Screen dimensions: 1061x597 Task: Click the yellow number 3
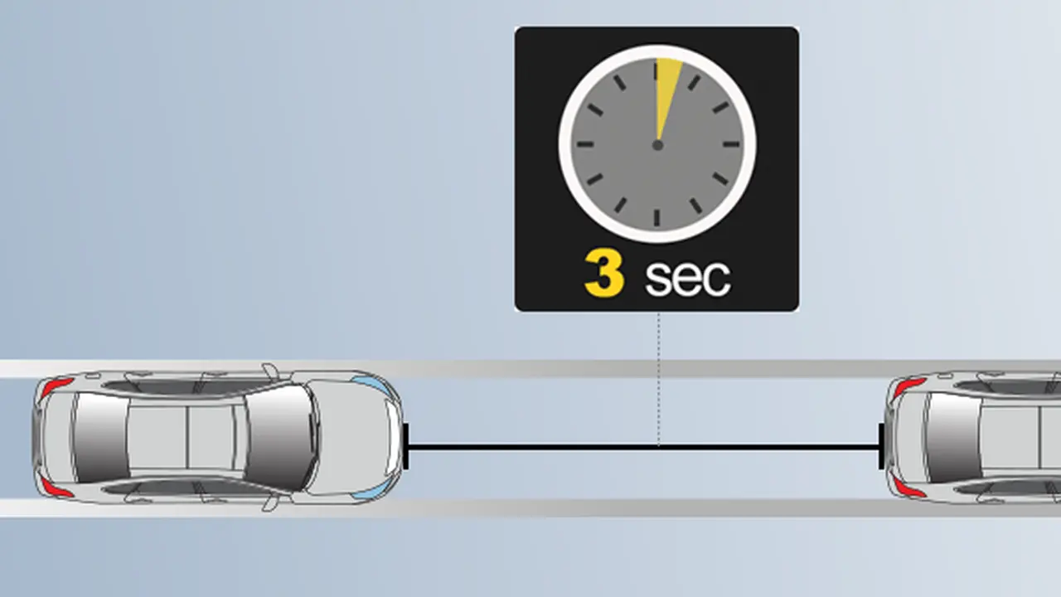(x=604, y=274)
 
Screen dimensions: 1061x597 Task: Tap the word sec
(x=688, y=278)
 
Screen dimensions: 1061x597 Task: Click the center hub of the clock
(x=657, y=145)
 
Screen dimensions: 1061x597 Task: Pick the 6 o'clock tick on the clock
(x=657, y=218)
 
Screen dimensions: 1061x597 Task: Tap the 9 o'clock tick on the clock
(x=585, y=144)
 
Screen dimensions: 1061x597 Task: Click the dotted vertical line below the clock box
(x=658, y=379)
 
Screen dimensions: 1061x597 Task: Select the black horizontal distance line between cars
(x=643, y=447)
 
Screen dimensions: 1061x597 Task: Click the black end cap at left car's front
(x=405, y=446)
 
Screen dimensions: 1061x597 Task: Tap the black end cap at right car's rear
(x=881, y=446)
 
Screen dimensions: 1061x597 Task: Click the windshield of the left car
(x=280, y=437)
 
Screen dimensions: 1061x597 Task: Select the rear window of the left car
(x=100, y=437)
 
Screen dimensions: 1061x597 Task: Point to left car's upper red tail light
(x=55, y=386)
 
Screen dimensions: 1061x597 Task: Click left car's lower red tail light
(x=55, y=488)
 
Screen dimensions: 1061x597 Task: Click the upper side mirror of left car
(x=271, y=371)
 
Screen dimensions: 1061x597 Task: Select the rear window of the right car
(x=953, y=437)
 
